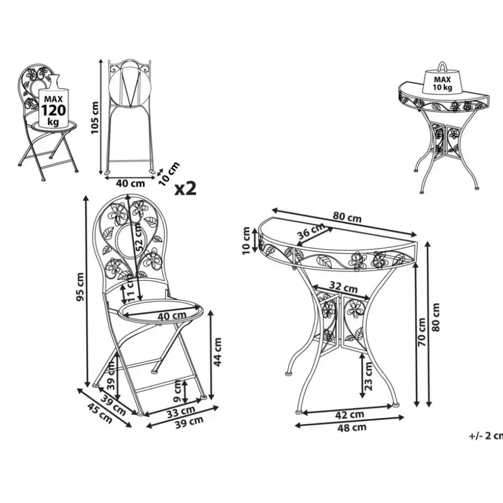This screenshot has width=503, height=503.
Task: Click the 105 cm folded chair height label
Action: (x=95, y=118)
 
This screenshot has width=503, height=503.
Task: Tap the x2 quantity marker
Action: (x=186, y=189)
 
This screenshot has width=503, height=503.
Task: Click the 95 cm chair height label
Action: (x=80, y=287)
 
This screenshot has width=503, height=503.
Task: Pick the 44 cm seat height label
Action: (x=217, y=352)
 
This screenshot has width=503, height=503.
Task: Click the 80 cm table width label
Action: (x=347, y=217)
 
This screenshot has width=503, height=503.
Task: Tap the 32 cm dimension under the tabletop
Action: (x=343, y=287)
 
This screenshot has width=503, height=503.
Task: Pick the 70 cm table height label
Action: (x=421, y=332)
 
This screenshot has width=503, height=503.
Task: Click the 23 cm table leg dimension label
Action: (x=368, y=376)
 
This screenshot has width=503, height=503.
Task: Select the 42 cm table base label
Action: (x=349, y=415)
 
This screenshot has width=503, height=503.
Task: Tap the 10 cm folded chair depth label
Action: (x=169, y=174)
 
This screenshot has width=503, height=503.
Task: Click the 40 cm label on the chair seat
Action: (x=172, y=316)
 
